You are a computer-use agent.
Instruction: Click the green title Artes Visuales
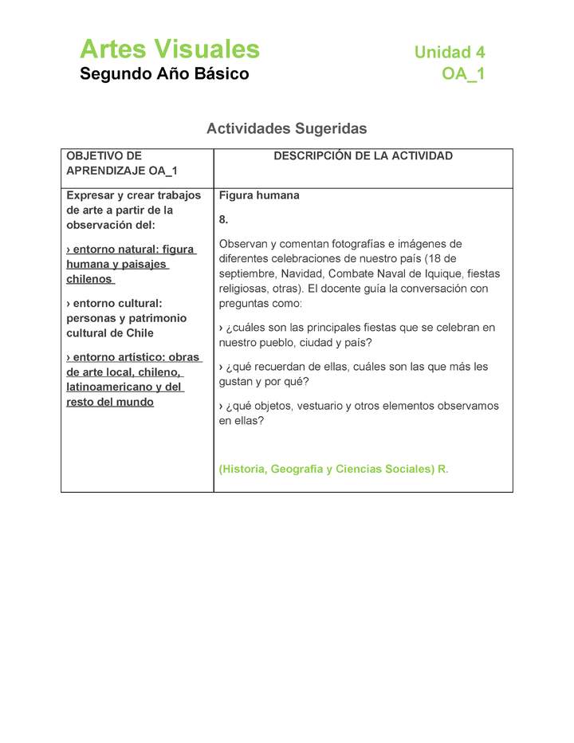pyautogui.click(x=170, y=49)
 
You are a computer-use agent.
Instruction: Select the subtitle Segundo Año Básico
pyautogui.click(x=164, y=74)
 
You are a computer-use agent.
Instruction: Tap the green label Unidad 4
pyautogui.click(x=449, y=53)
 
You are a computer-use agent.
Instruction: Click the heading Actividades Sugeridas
pyautogui.click(x=286, y=128)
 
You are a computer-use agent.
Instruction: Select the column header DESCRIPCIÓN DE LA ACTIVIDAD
pyautogui.click(x=363, y=156)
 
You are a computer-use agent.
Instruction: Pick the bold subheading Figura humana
pyautogui.click(x=259, y=195)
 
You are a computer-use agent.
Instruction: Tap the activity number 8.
pyautogui.click(x=224, y=219)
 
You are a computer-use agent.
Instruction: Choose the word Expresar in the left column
pyautogui.click(x=89, y=195)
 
